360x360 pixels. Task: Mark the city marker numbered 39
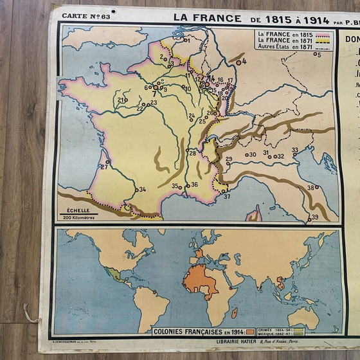click(x=309, y=219)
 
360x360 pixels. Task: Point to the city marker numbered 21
click(x=126, y=100)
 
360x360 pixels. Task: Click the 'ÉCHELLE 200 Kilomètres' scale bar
click(x=78, y=213)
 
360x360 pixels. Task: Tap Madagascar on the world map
click(x=234, y=312)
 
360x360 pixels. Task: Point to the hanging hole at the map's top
click(x=113, y=12)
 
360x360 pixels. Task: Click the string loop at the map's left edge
click(x=30, y=314)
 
